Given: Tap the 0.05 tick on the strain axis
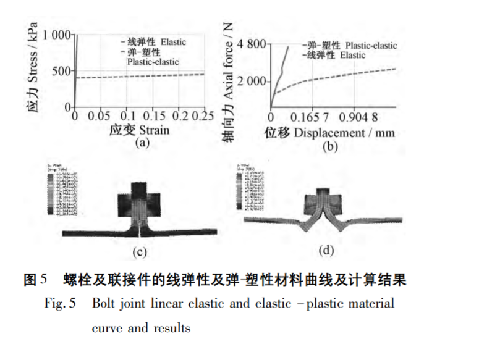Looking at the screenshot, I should tap(99, 117).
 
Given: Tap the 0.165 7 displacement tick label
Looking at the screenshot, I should tap(314, 117).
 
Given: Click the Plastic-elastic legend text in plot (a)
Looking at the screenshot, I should tap(153, 62).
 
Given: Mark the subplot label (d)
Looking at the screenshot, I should tap(326, 250).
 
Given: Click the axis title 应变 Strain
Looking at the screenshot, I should tap(139, 130).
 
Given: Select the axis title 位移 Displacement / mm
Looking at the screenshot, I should tap(329, 132).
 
